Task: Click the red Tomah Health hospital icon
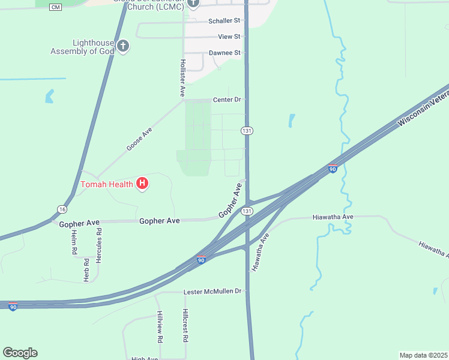click(x=142, y=184)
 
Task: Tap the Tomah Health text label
click(x=107, y=184)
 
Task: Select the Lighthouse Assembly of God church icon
click(x=123, y=46)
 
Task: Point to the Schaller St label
click(x=224, y=21)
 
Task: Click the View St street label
click(x=229, y=37)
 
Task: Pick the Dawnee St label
click(x=224, y=53)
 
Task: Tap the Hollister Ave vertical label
click(x=182, y=78)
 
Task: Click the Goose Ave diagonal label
click(x=139, y=139)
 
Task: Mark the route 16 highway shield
click(x=62, y=208)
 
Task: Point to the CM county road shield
click(x=55, y=7)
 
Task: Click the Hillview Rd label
click(x=160, y=326)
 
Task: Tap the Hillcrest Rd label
click(x=185, y=325)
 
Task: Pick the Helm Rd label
click(x=74, y=243)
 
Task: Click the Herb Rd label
click(x=86, y=270)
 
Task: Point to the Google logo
click(x=20, y=353)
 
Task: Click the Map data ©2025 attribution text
click(x=424, y=355)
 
